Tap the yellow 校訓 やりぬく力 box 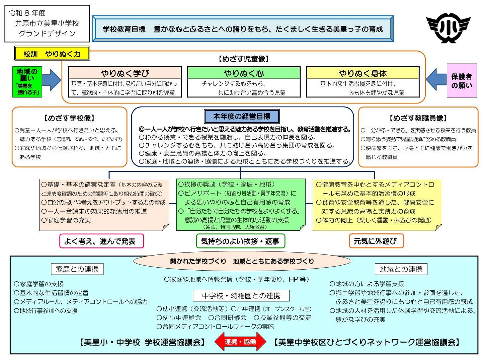(52, 54)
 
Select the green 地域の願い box (27, 82)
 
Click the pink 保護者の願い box (462, 81)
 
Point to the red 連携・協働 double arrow (240, 342)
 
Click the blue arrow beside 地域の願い (52, 80)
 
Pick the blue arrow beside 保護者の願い (436, 80)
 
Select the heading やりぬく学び (125, 73)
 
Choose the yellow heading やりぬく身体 (362, 73)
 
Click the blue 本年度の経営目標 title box (242, 117)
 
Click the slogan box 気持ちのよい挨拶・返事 (240, 241)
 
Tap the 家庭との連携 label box (77, 269)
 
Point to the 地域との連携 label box (401, 269)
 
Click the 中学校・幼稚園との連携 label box (241, 296)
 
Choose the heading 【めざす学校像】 (69, 118)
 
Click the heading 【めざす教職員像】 (418, 118)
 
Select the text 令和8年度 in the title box (27, 13)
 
